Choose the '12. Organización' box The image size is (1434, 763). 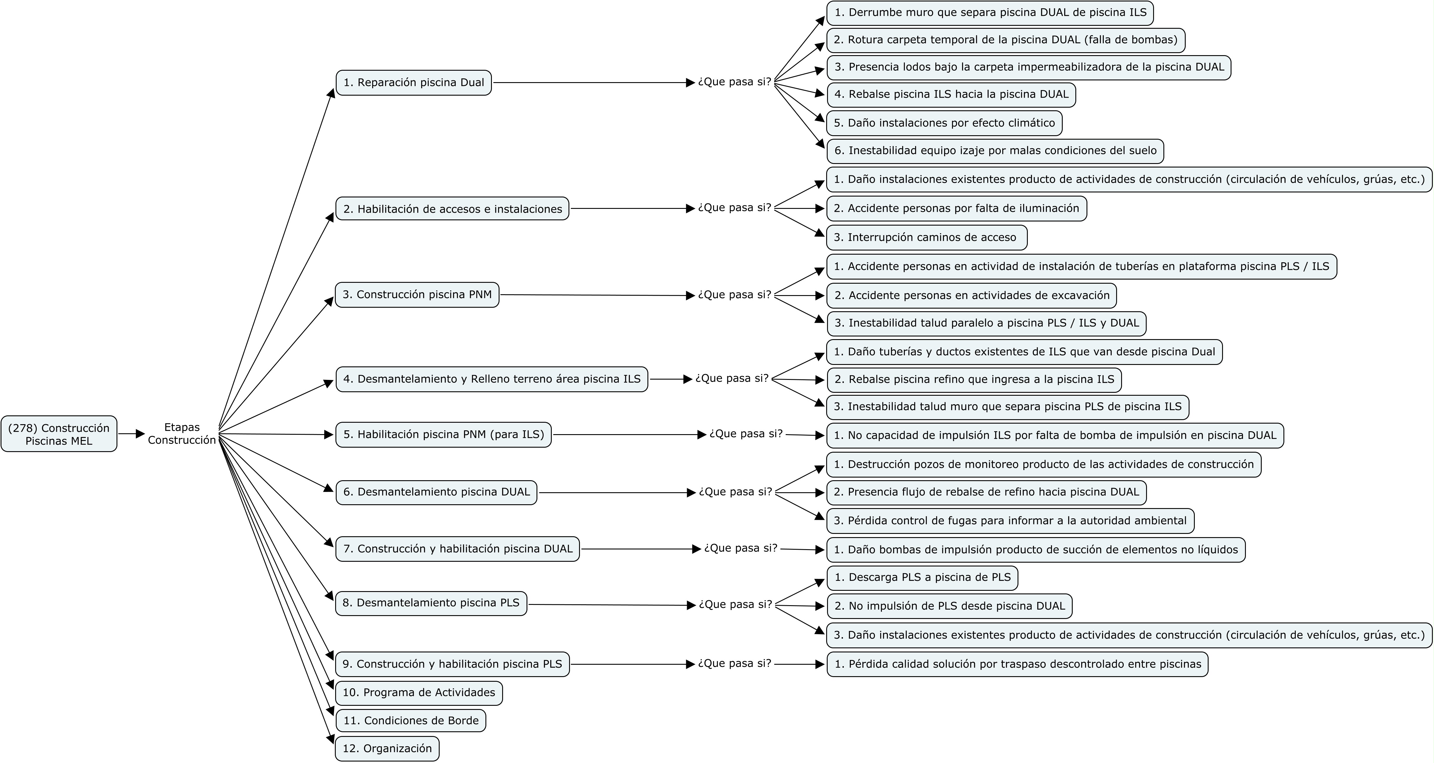(x=387, y=749)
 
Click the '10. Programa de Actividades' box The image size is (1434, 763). (x=419, y=693)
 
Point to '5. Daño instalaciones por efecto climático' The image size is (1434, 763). (x=944, y=123)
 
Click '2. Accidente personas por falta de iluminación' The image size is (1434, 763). (x=956, y=209)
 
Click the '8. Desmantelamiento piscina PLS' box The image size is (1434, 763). (x=431, y=603)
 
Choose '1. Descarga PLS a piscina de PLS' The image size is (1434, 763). (x=922, y=578)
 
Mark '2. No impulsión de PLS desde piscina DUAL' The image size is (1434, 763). (x=949, y=606)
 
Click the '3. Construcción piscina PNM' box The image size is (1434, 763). (x=417, y=295)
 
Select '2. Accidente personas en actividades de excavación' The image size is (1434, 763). (x=971, y=295)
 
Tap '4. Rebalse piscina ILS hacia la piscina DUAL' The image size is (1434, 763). (x=951, y=95)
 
